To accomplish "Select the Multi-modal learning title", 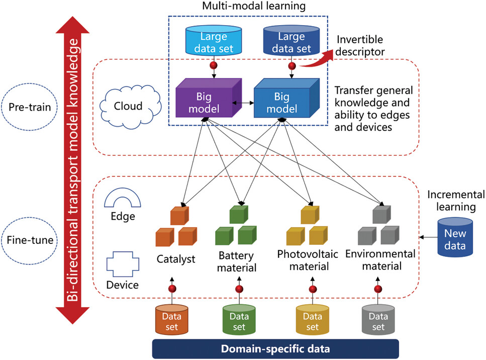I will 248,7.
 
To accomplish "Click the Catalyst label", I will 175,259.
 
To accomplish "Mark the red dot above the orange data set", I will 172,289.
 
